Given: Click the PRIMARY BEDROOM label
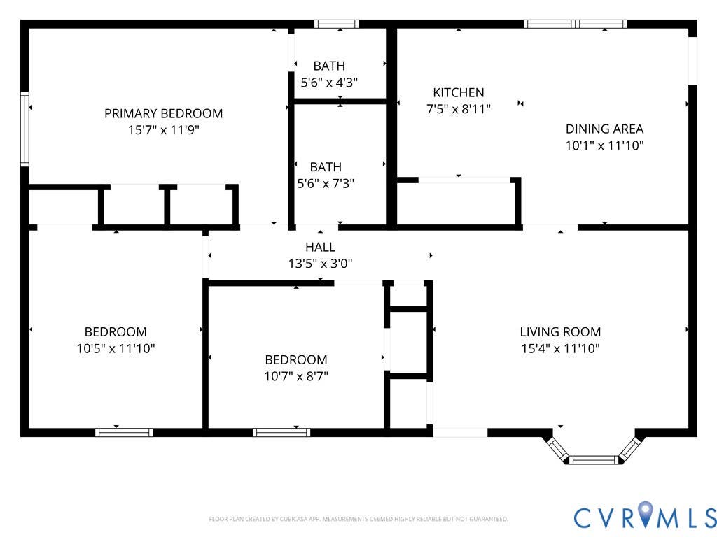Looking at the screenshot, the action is pos(164,113).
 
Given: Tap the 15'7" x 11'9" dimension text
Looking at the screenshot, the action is pos(164,130).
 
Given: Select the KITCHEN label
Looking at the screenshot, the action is pos(459,93).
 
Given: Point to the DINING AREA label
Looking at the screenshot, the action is pos(604,129).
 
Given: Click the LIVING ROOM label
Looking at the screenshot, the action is pos(561,332).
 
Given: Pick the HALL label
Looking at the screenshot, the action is pos(321,247).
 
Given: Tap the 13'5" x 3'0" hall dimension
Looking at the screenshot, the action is pos(321,264).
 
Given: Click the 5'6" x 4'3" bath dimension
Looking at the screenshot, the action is pos(329,83).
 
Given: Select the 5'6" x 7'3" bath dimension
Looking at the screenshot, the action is pos(326,184).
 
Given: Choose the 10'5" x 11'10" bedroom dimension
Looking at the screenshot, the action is pos(116,348).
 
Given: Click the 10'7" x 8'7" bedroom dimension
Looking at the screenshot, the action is pos(296,376).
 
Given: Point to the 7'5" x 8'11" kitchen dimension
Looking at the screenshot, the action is pos(459,109).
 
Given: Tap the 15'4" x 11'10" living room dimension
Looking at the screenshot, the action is pos(561,348).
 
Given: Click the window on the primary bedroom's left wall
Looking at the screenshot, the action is pos(25,129).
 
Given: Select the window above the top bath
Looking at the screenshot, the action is pos(337,24).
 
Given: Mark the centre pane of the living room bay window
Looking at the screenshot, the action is pos(594,460).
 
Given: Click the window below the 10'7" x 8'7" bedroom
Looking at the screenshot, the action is pos(281,432).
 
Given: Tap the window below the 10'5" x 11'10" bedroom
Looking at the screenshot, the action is pos(125,432).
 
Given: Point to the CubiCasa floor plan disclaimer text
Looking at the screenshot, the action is pos(358,520).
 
